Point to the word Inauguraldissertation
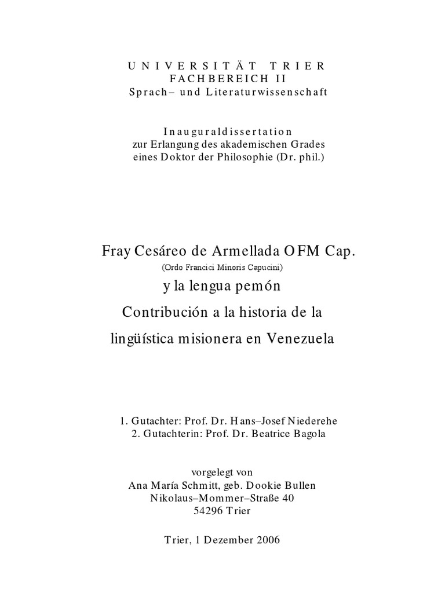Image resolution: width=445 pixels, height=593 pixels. coord(223,131)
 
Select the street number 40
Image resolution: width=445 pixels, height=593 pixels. coord(294,498)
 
